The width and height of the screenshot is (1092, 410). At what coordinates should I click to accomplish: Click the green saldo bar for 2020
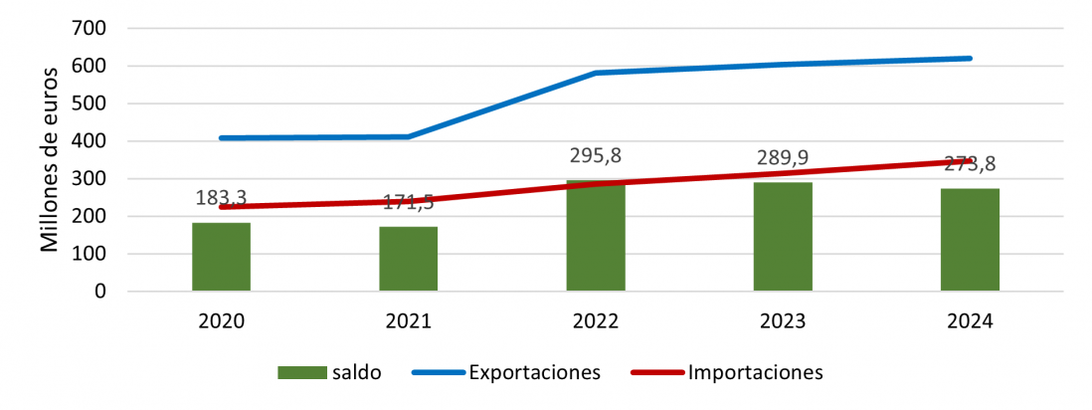pos(221,257)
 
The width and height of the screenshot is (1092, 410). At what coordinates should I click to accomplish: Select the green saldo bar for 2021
pos(408,259)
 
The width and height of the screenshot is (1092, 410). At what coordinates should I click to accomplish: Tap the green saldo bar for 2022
pos(596,239)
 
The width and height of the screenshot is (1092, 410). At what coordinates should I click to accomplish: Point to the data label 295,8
pos(596,156)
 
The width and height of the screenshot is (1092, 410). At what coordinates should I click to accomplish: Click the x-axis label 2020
pos(221,321)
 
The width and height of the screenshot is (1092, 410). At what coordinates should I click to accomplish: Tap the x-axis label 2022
pos(596,321)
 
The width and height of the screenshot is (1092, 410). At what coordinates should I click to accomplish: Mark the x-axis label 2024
pos(970,321)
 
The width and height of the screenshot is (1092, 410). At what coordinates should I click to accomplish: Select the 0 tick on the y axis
pos(99,292)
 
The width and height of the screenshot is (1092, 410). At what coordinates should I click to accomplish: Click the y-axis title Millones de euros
pos(50,158)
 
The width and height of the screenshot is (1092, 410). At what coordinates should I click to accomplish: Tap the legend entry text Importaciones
pos(756,373)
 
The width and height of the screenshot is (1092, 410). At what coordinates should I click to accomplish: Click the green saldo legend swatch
pos(302,373)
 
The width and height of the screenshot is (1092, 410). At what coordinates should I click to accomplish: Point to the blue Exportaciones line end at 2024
pos(970,59)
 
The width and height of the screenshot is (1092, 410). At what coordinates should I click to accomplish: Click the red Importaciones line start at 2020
pos(222,207)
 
